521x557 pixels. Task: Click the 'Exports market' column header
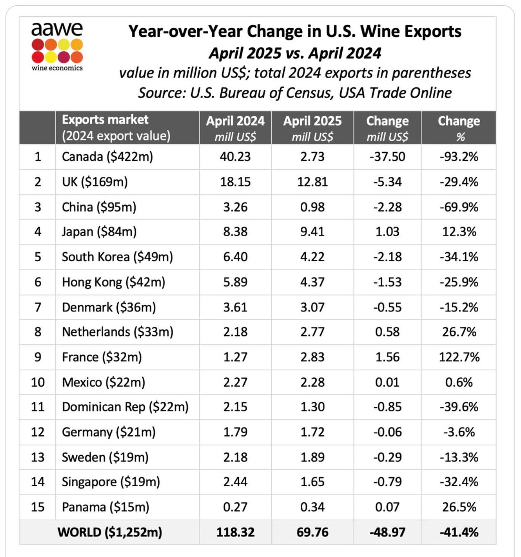105,120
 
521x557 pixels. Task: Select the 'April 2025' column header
312,121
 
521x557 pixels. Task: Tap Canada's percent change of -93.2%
459,157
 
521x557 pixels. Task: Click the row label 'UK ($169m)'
95,182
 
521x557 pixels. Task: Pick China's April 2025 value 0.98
312,207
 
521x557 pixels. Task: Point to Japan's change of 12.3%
459,232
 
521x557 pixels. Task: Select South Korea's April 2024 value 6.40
235,257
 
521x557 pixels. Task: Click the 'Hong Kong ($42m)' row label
113,282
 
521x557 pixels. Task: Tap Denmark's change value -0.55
387,307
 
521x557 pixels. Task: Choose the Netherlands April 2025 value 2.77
312,332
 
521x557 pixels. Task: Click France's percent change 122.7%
459,357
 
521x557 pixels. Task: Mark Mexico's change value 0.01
387,382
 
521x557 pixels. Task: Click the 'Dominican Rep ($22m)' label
125,407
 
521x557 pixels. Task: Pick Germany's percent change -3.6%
459,432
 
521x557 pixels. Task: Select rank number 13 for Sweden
38,457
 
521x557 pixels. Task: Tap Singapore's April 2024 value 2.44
235,482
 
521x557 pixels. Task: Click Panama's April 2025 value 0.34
312,507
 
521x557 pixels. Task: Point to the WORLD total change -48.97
387,532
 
